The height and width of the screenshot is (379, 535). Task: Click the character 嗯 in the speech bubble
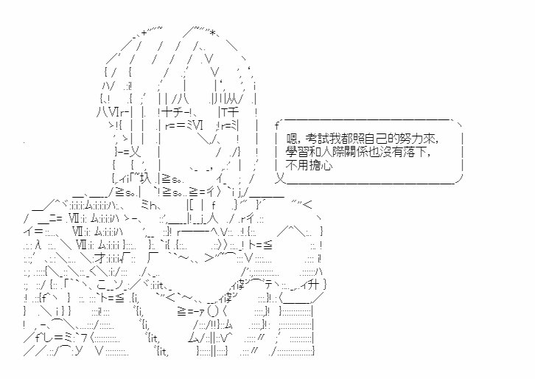(293, 139)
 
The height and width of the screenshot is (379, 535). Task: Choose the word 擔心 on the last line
(321, 166)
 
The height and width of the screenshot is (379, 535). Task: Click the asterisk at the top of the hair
(212, 33)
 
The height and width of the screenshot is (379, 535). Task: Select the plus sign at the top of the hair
(144, 32)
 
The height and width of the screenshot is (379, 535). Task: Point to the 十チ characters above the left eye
(174, 112)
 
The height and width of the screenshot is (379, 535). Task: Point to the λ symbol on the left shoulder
(38, 245)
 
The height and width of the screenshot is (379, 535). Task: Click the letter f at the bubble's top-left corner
(277, 125)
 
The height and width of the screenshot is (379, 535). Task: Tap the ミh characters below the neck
(148, 205)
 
